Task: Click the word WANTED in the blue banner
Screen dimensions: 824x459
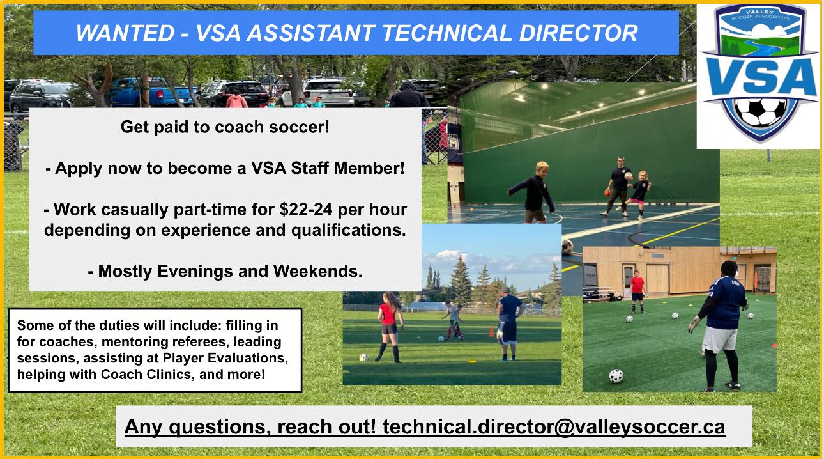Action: point(125,33)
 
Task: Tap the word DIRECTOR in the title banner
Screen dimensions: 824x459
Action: point(578,33)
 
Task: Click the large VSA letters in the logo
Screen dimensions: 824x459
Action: point(760,77)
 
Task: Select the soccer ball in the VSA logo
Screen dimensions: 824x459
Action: point(760,113)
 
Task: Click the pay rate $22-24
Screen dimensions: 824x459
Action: point(306,210)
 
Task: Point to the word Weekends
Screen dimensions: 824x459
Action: point(317,271)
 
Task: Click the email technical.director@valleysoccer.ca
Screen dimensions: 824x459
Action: point(554,426)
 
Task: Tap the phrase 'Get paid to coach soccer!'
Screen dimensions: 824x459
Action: point(225,127)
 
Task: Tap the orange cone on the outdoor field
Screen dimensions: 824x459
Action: point(491,331)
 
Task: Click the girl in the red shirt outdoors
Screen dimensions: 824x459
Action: point(390,327)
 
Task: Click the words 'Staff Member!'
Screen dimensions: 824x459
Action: point(347,168)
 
